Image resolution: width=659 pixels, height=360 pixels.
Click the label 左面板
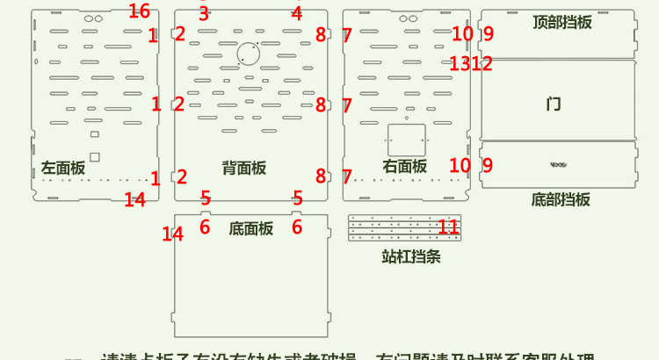click(63, 167)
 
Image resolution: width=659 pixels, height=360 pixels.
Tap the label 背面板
click(243, 167)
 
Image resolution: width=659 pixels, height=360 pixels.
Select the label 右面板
click(405, 165)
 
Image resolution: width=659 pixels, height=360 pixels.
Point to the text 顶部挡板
click(562, 22)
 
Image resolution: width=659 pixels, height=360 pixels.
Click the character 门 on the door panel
click(554, 104)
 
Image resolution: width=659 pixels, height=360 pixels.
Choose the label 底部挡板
click(561, 199)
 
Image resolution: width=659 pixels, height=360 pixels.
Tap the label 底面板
click(251, 228)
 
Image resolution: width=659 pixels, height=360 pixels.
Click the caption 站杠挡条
click(411, 257)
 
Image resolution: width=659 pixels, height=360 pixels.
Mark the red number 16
click(139, 11)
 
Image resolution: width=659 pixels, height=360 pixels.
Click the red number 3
click(204, 13)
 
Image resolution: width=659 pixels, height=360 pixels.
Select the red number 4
click(297, 13)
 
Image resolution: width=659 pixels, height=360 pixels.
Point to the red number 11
click(448, 227)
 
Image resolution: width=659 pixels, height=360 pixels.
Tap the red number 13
click(460, 63)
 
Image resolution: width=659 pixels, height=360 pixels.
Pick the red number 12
click(482, 63)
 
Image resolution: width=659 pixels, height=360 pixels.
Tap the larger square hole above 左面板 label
click(95, 156)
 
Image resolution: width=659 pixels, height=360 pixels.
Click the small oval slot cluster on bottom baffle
click(558, 162)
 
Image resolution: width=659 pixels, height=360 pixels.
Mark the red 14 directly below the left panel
click(134, 200)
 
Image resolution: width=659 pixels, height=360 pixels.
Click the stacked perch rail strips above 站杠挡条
click(404, 228)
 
